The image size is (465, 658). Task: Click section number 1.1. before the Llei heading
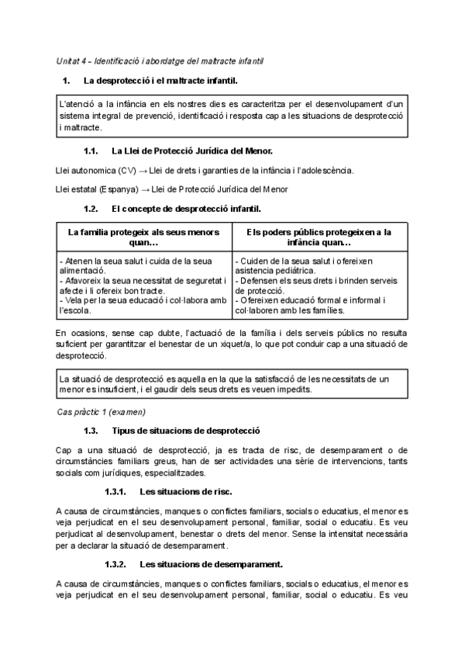[x=91, y=151]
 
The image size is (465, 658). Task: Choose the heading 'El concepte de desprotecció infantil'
[x=186, y=209]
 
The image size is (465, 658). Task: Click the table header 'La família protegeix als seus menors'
[x=144, y=232]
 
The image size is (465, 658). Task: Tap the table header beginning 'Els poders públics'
[x=319, y=232]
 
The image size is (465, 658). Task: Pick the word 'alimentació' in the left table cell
[x=83, y=271]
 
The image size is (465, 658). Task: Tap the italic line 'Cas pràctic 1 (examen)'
[x=101, y=410]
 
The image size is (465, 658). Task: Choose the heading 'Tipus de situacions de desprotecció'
[x=186, y=430]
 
